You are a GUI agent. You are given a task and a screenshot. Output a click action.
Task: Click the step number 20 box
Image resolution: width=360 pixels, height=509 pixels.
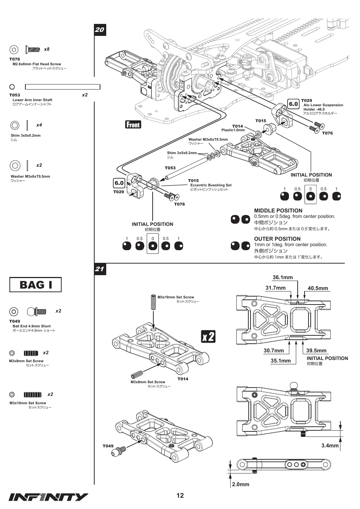tap(100, 30)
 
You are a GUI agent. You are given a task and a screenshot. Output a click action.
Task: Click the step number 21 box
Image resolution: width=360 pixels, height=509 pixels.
tap(100, 269)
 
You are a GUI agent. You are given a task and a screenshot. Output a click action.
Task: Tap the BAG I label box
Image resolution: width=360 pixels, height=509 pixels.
tap(36, 285)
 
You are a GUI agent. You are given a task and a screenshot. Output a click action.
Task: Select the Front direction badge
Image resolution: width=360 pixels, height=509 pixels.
tap(133, 124)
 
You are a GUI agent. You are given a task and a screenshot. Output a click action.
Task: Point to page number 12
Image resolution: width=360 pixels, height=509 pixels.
tap(180, 495)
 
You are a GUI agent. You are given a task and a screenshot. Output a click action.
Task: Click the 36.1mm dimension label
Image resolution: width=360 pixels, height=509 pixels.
tap(282, 277)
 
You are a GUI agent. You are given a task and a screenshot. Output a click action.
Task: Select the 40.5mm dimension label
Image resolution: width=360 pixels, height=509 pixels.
tap(318, 288)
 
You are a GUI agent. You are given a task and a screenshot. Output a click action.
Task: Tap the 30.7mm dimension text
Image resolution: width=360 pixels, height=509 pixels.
tap(274, 351)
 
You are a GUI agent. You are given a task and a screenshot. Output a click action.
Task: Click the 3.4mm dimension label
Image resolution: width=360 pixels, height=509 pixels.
tap(330, 445)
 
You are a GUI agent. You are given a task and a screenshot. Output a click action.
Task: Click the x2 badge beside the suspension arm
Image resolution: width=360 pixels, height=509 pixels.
tap(208, 336)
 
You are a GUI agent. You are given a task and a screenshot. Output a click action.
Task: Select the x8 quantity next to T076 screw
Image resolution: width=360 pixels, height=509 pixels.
tap(47, 49)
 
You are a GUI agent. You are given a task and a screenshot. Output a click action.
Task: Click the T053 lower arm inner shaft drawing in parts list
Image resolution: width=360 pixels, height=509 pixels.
tap(62, 87)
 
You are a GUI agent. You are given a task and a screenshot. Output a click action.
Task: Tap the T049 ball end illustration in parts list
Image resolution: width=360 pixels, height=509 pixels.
tap(37, 311)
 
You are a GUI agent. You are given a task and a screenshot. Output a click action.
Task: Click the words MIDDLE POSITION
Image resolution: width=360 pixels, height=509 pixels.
tap(278, 210)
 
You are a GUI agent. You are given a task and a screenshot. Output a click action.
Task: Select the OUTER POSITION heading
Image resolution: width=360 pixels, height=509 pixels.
tap(277, 239)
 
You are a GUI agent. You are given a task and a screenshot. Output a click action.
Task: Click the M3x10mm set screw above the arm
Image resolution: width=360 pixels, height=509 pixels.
tap(153, 302)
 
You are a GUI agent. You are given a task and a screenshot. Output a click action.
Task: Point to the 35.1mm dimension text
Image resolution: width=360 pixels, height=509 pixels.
tap(281, 361)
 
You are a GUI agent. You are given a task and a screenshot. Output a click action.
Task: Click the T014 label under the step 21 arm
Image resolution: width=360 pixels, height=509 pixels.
tap(183, 379)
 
